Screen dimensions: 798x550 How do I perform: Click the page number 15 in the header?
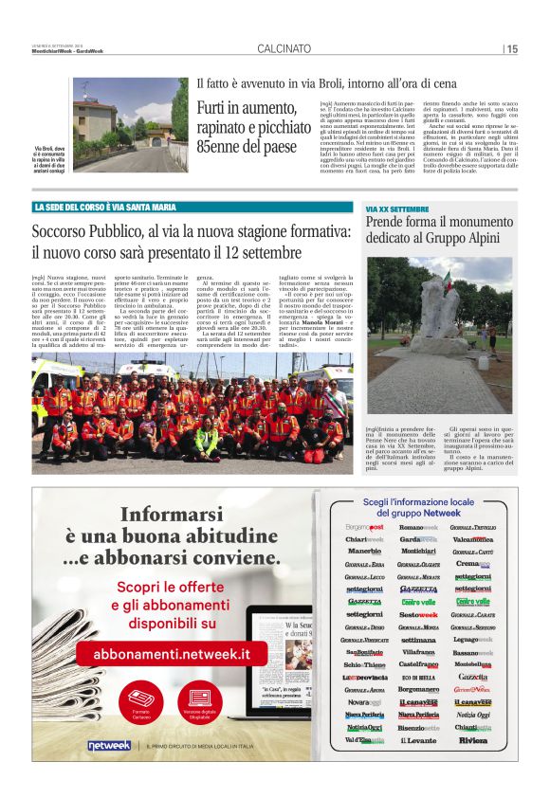tap(511, 48)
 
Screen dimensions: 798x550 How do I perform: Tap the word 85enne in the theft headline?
tap(220, 146)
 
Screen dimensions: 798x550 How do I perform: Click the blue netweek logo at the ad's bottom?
tap(109, 746)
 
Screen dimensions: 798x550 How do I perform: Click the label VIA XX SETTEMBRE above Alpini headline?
tap(397, 208)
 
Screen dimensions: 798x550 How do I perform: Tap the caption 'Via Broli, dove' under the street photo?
tap(52, 150)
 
